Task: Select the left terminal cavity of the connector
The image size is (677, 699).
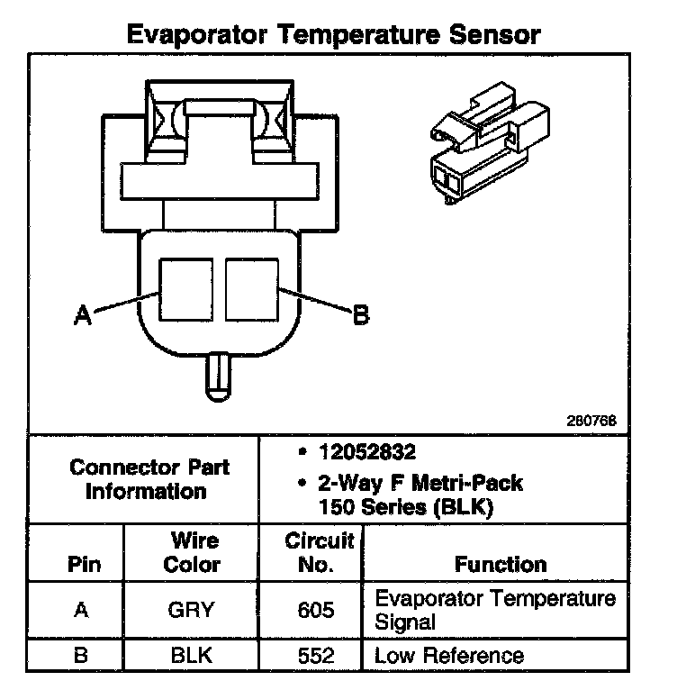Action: (x=187, y=290)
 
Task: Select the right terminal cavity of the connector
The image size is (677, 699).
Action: (x=251, y=290)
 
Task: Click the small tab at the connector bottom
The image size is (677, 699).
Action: (x=219, y=377)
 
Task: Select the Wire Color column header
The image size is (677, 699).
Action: (x=194, y=553)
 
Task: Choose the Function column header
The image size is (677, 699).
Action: (x=501, y=565)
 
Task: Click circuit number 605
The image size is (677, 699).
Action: (x=315, y=610)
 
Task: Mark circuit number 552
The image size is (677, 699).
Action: (x=315, y=655)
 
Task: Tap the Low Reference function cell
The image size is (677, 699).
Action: (x=449, y=655)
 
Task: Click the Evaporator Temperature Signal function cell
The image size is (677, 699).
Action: (x=494, y=610)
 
